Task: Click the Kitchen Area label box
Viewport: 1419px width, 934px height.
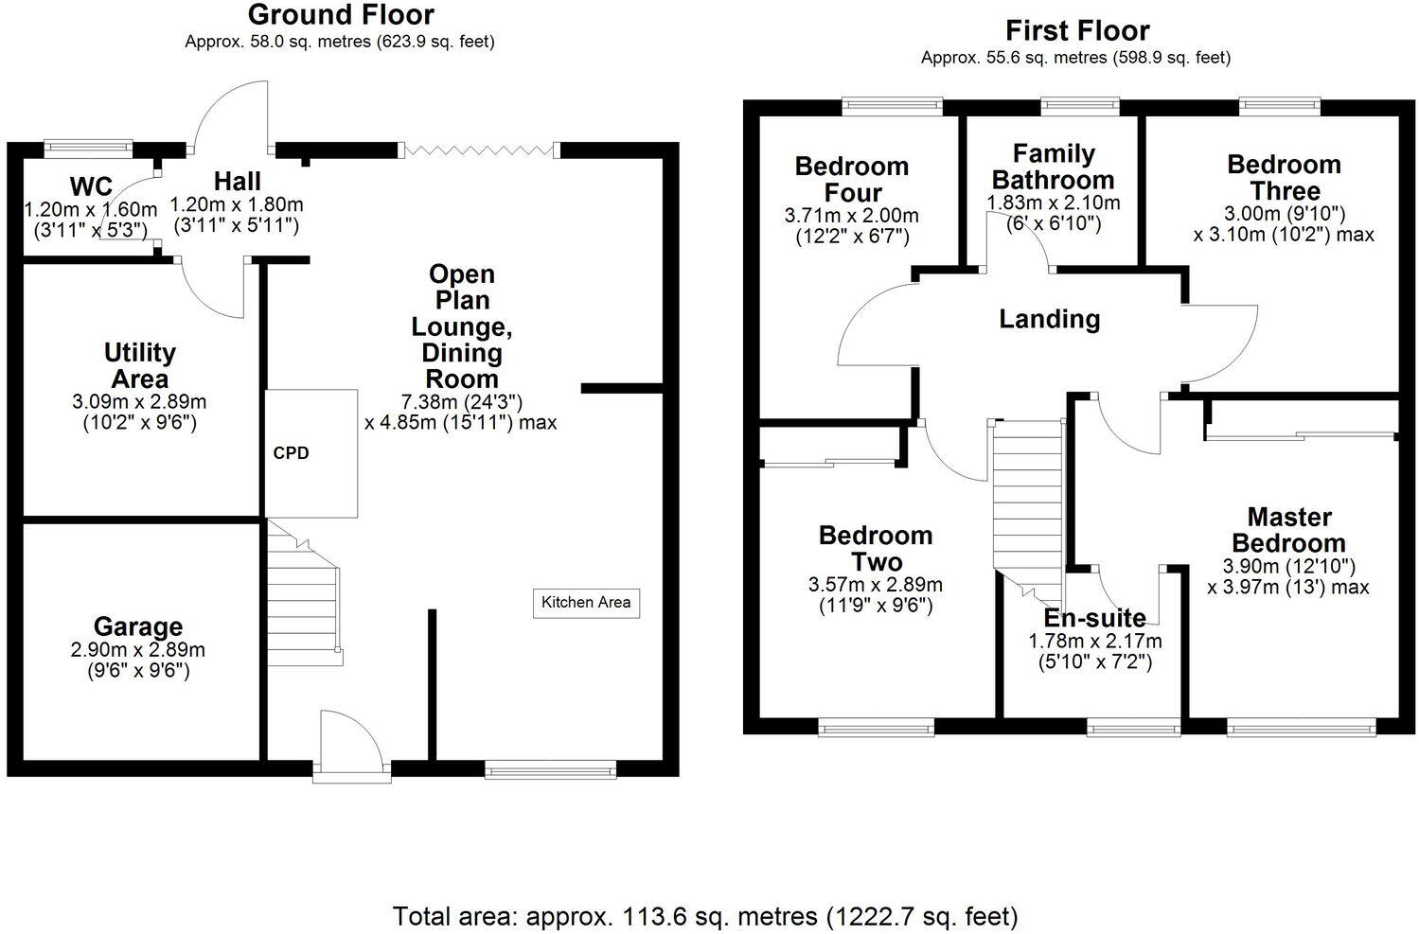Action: (x=586, y=602)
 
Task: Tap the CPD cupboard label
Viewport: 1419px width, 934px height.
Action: (x=291, y=453)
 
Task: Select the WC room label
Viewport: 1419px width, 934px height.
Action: (x=91, y=185)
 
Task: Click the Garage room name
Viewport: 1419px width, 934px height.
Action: (x=138, y=626)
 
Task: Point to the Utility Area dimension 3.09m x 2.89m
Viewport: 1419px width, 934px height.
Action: (x=139, y=401)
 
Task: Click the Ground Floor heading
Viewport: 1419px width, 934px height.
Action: (x=341, y=15)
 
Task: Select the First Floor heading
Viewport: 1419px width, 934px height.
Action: (x=1077, y=30)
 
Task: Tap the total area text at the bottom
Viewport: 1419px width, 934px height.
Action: (x=705, y=916)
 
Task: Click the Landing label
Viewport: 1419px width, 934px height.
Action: (x=1050, y=319)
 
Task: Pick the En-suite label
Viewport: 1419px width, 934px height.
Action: (x=1094, y=618)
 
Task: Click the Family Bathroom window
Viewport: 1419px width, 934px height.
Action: (x=1080, y=105)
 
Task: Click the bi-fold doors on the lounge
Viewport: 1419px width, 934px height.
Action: (x=479, y=150)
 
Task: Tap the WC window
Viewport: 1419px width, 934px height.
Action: (x=88, y=147)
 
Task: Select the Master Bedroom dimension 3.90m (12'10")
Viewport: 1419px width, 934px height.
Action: (x=1288, y=567)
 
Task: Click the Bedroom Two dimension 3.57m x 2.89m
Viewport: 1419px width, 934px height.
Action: (x=876, y=586)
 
